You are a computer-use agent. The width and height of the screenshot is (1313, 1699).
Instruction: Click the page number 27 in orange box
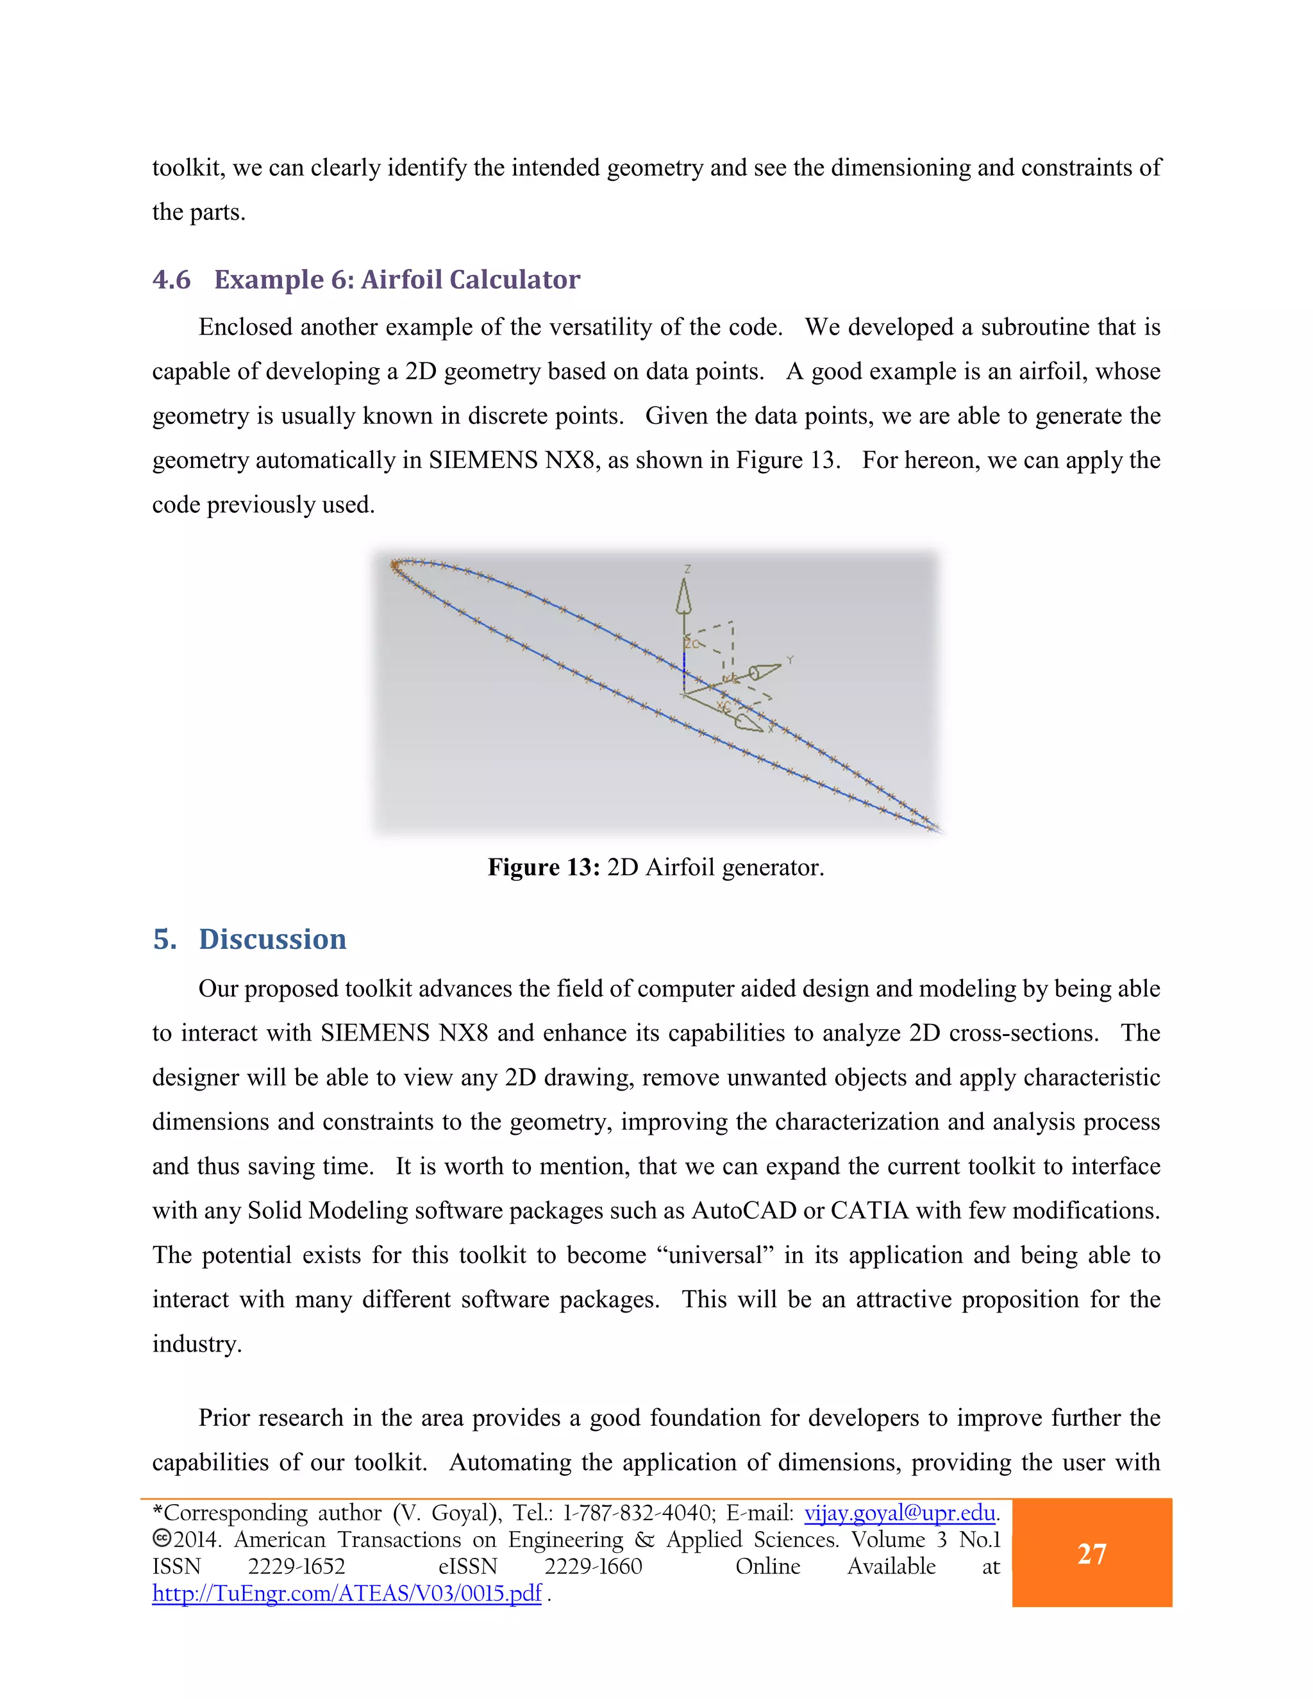point(1091,1553)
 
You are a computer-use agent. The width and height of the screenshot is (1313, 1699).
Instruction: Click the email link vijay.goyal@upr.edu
point(899,1512)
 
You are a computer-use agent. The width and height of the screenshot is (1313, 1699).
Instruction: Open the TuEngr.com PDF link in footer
point(346,1593)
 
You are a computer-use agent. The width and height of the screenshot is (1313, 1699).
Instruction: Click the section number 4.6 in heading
point(171,280)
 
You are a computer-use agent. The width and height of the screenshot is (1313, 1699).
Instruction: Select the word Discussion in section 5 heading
point(272,939)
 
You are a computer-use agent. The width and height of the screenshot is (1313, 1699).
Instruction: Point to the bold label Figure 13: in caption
point(543,867)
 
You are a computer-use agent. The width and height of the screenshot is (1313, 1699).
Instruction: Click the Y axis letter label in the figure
point(790,660)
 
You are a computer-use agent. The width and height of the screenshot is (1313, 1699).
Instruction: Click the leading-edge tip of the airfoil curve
point(394,565)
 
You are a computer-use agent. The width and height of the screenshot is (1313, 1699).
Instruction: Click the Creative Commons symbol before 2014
point(161,1539)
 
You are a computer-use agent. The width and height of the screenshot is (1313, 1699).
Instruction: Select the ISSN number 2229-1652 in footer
point(296,1566)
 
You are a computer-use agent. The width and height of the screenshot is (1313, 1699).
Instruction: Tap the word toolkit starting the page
point(187,167)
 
